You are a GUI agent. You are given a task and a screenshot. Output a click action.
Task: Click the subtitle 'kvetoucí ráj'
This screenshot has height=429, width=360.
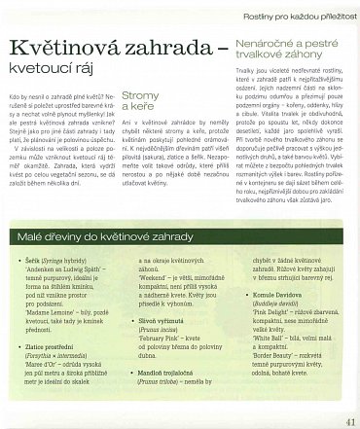click(54, 71)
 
